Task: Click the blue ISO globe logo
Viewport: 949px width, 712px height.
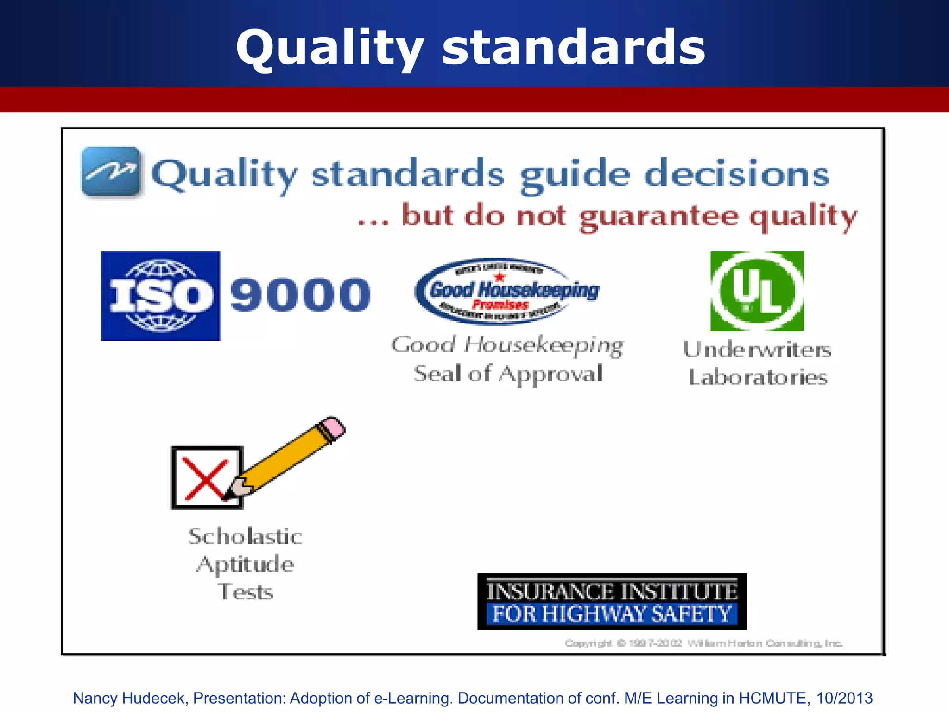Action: coord(161,296)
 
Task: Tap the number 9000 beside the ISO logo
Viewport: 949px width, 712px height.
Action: coord(300,295)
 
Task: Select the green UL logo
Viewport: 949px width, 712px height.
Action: coord(757,291)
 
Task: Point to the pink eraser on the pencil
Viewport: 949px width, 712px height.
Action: coord(333,427)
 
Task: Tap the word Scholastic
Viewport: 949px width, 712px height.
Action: coord(245,537)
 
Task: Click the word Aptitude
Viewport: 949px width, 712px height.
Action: coord(245,565)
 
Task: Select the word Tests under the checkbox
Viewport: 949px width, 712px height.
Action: coord(245,592)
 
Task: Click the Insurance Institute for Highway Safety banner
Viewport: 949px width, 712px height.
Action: coord(612,602)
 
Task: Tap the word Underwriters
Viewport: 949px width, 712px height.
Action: coord(757,350)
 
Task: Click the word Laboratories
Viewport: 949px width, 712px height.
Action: coord(757,377)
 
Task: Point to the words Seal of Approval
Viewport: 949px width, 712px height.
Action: coord(508,374)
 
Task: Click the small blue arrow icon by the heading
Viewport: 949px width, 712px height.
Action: coord(111,172)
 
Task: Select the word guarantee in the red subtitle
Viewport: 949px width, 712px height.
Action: coord(658,217)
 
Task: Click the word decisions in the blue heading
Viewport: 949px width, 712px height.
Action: coord(737,174)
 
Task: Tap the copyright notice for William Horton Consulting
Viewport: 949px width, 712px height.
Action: coord(703,643)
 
